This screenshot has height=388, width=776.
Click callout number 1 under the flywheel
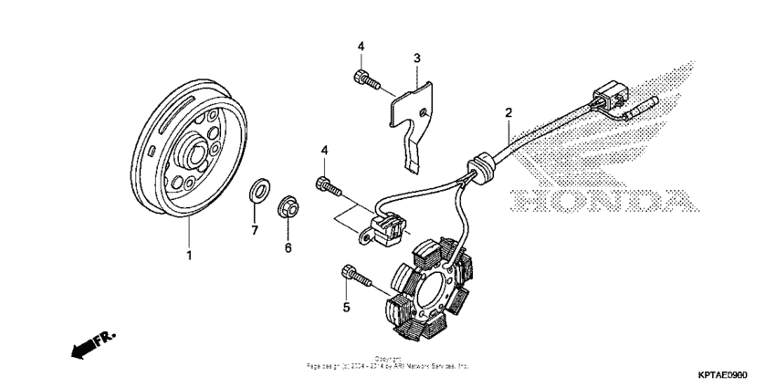tap(190, 256)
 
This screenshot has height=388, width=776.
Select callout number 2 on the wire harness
tap(509, 114)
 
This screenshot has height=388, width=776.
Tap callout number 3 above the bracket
tap(416, 58)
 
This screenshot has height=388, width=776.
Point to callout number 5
tap(347, 309)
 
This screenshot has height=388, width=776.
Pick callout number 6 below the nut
tap(288, 247)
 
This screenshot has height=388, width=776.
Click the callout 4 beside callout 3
tap(361, 46)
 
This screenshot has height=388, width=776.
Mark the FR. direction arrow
tap(92, 344)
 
